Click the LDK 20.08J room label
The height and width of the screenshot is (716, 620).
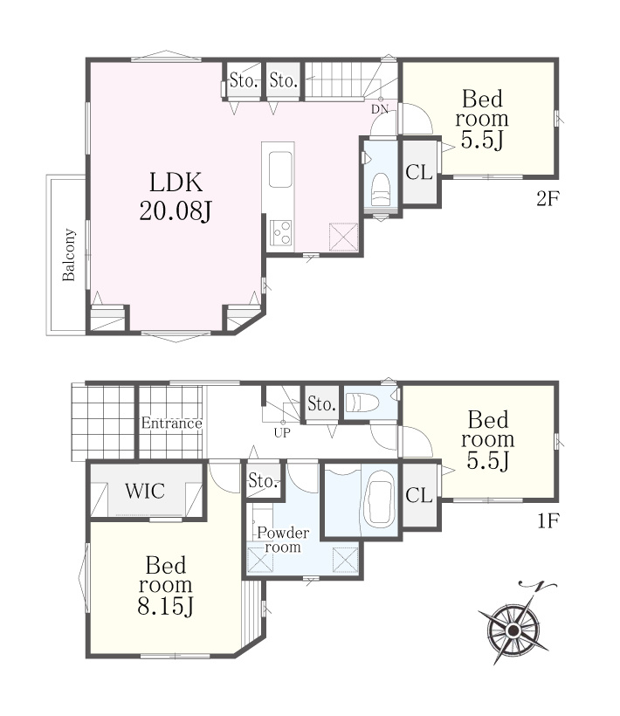pos(176,196)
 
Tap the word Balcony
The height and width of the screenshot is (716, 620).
pos(68,255)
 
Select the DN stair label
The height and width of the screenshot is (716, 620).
pos(380,109)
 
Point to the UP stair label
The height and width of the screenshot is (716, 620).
pos(282,432)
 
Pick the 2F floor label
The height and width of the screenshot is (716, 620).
pos(548,198)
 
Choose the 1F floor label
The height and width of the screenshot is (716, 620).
pos(548,520)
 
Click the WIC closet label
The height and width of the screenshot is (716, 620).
pos(145,491)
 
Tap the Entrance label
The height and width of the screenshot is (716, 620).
pos(172,423)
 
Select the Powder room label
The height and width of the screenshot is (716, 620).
pos(283,540)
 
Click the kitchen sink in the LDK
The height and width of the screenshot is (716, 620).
pos(280,169)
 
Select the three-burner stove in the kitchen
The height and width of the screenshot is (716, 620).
pos(281,232)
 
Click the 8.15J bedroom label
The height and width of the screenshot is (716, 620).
pos(166,585)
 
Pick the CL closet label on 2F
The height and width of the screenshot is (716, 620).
pos(418,172)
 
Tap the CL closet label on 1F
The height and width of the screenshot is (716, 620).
pos(418,494)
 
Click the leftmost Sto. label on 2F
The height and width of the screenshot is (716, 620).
pos(244,81)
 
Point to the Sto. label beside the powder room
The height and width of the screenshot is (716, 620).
pos(264,480)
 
